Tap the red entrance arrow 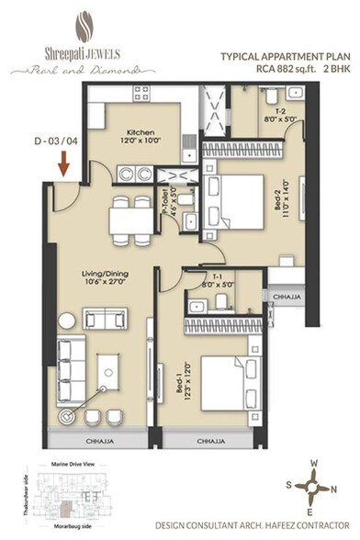pos(63,165)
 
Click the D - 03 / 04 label pos(54,143)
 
